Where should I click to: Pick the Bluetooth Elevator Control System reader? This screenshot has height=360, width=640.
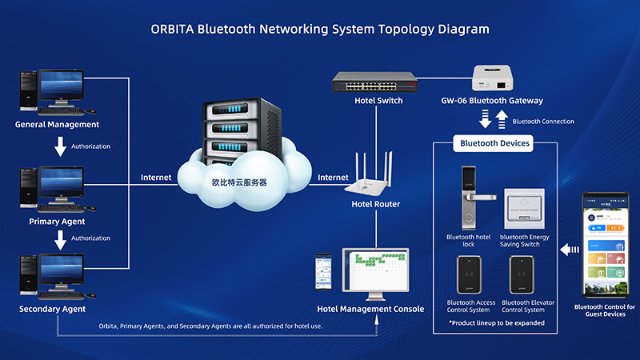[524, 274]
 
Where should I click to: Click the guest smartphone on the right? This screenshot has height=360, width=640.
[604, 244]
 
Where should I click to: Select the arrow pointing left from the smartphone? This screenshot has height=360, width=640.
[570, 250]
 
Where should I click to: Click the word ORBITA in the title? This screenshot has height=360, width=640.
[172, 29]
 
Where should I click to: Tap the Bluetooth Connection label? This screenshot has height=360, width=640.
[542, 122]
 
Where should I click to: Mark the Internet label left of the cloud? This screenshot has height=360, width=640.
[156, 177]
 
